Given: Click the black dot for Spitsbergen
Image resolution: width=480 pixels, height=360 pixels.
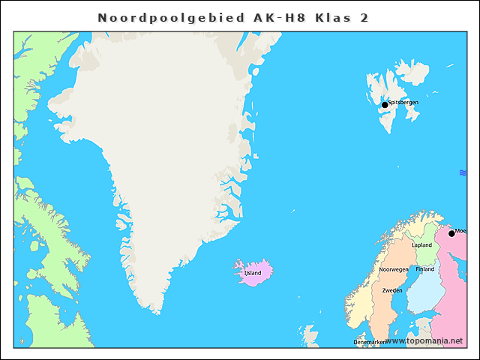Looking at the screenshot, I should pos(385,105).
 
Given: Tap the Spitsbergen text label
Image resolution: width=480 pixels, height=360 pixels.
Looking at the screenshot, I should pos(403,102).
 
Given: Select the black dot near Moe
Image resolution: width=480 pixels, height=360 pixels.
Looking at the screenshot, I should pos(451,233).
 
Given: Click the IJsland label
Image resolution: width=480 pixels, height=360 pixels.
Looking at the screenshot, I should pos(253,273).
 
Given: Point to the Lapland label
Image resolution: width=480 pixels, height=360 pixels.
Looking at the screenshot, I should pos(422,245).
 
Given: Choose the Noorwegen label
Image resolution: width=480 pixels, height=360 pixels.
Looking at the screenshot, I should pos(394,269).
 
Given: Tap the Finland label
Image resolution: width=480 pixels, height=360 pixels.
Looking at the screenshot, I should pos(425,269).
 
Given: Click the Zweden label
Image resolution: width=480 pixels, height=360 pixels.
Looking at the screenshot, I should pos(392,290).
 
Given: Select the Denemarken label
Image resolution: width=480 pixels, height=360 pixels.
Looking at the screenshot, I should pos(370,342).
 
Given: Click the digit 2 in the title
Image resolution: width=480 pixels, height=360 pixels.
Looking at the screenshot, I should pos(364,17).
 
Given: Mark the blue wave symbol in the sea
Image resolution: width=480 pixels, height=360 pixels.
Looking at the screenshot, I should pos(463,173).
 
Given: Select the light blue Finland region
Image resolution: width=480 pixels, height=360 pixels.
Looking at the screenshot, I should pos(424,292).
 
